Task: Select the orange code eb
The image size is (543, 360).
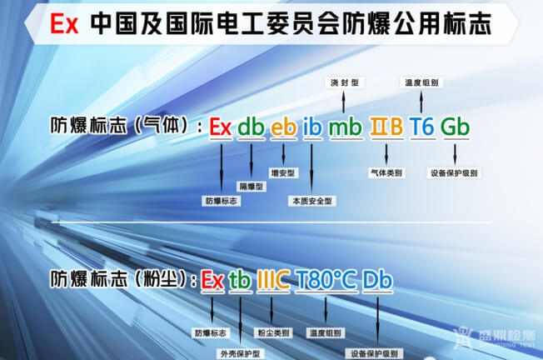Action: (283, 127)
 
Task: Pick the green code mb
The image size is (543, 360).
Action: (345, 127)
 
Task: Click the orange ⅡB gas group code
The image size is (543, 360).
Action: (386, 127)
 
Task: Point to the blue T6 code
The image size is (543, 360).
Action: (422, 127)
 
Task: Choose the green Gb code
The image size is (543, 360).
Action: (455, 127)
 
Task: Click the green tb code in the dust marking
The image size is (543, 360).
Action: (239, 280)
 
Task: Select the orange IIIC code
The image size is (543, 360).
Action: (273, 280)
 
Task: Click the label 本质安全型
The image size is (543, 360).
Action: (312, 201)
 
